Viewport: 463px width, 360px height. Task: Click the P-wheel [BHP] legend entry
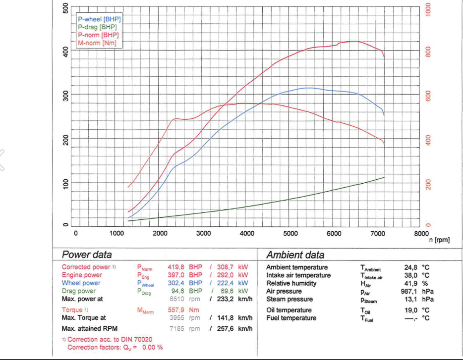[x=99, y=19]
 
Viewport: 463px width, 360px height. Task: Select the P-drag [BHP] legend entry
[x=98, y=27]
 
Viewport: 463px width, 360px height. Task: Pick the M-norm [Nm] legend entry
[x=97, y=43]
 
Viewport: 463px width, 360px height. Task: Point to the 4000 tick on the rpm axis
[x=247, y=233]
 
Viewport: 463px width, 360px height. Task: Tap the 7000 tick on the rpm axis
[x=377, y=233]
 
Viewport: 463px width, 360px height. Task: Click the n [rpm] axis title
[x=439, y=240]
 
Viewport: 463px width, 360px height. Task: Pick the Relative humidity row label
[x=292, y=283]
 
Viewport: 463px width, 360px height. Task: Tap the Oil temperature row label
[x=289, y=310]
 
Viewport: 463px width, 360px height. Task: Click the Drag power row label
[x=78, y=291]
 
